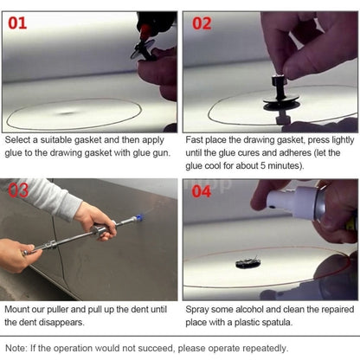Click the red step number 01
(x=17, y=23)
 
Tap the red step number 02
(x=201, y=23)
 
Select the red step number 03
(x=18, y=190)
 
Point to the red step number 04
(x=201, y=191)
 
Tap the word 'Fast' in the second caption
(x=196, y=139)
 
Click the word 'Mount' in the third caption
(x=20, y=307)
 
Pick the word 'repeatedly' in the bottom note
(x=260, y=346)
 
